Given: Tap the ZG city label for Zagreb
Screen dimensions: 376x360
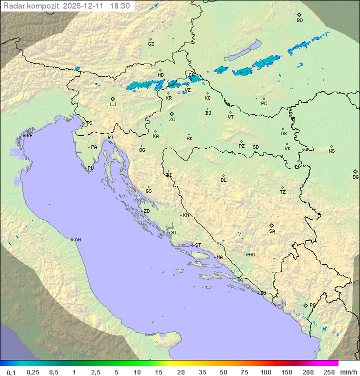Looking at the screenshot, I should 172,120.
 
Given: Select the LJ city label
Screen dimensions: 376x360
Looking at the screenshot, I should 113,104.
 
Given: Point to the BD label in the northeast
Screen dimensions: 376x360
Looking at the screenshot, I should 299,21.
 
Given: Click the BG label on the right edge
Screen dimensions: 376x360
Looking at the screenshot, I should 355,177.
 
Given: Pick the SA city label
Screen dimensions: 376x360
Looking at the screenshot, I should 272,231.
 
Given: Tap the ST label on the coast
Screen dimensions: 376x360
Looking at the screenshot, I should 198,245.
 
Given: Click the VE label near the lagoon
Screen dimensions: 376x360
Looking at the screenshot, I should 29,136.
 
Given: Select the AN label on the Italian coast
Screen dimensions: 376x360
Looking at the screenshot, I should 77,240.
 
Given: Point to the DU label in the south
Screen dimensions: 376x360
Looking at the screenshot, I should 262,293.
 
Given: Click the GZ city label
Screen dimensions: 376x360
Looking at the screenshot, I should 151,44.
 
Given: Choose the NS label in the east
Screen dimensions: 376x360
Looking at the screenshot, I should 331,151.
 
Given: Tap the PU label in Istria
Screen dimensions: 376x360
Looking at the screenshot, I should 90,168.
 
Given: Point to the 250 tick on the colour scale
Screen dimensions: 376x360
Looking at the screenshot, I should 329,372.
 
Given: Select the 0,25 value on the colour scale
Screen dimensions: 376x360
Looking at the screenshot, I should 33,372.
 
